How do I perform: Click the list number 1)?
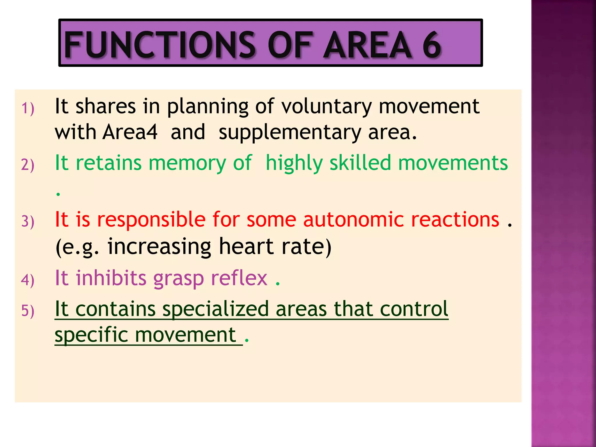tap(28, 108)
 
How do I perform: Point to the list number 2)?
tap(28, 165)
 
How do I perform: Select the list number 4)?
tap(28, 280)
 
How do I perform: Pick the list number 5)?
tap(28, 311)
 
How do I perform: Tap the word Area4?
tap(130, 132)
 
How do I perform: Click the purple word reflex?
tap(239, 278)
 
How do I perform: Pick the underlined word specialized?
tap(216, 310)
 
